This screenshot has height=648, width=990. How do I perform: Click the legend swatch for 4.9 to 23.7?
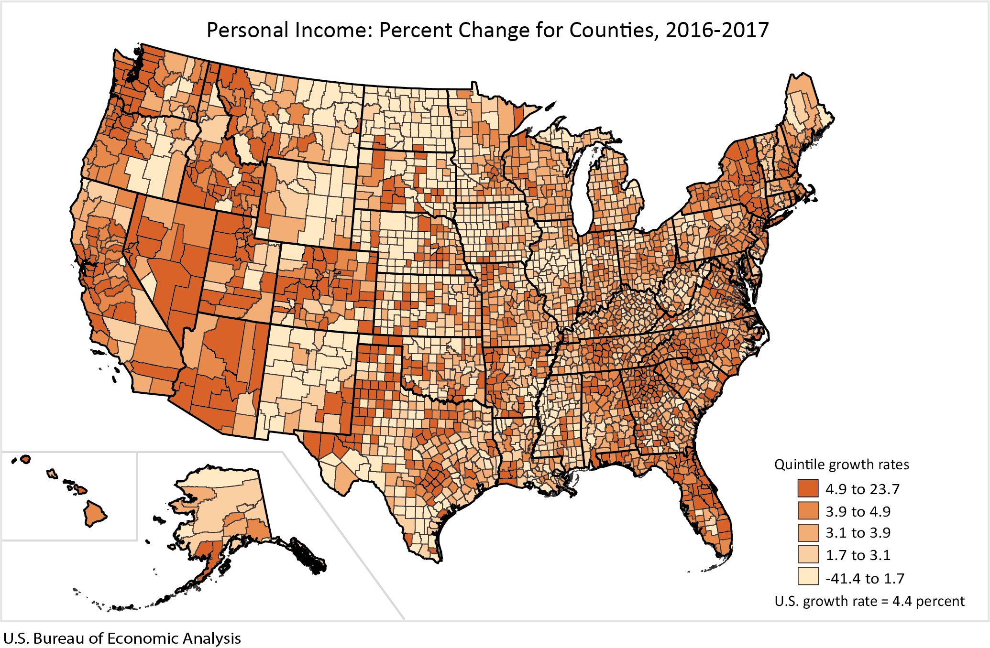point(808,489)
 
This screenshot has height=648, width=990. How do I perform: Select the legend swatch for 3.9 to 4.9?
point(808,511)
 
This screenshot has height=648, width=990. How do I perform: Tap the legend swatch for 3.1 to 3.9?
point(808,533)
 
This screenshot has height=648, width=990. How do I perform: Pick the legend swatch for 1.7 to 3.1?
point(808,555)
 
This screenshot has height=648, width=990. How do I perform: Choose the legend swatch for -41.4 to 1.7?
point(808,577)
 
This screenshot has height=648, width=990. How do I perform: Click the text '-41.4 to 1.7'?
point(865,578)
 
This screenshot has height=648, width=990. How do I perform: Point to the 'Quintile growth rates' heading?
point(841,464)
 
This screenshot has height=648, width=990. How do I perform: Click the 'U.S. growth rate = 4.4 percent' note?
point(869,601)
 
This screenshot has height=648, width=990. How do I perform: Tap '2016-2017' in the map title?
point(716,30)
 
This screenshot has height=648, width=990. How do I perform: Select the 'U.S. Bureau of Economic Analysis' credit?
point(122,638)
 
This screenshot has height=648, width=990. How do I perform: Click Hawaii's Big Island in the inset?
point(95,514)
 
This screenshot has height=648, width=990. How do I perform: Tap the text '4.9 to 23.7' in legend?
point(862,489)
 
